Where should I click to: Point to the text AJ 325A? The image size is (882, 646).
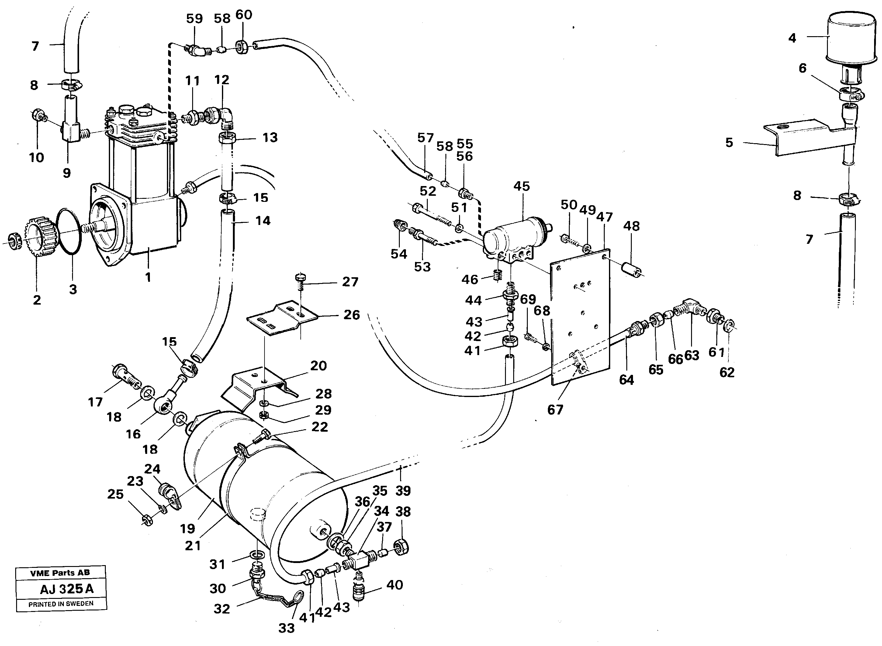coord(67,589)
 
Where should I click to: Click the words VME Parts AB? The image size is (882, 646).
coord(60,573)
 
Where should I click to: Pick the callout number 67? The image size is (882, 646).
coord(555,410)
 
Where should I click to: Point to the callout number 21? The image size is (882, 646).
coord(193,545)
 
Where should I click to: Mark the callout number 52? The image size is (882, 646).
coord(427,191)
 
